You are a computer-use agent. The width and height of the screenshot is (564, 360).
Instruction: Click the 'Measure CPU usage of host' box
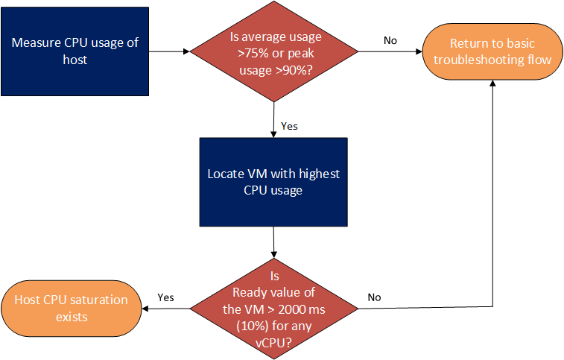point(75,51)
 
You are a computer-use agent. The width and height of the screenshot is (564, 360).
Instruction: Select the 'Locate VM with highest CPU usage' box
point(273,182)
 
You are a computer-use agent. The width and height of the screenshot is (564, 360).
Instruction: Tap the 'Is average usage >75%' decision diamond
point(274,51)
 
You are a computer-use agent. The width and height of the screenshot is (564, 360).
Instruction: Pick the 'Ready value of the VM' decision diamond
point(274,309)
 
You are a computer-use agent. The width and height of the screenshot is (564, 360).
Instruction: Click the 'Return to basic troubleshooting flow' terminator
point(492,51)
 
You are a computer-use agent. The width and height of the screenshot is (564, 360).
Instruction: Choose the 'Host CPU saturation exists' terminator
point(72,309)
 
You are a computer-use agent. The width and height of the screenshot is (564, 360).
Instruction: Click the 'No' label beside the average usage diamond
point(390,40)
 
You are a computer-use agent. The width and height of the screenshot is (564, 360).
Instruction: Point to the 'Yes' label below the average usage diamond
point(289,126)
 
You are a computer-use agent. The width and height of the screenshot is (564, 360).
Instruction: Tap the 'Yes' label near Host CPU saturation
point(165,297)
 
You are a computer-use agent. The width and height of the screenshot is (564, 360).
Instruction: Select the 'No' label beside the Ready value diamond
point(374,297)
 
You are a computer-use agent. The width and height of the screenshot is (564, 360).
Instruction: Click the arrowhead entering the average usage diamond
point(187,51)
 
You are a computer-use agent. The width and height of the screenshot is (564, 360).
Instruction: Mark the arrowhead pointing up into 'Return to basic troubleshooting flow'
point(492,83)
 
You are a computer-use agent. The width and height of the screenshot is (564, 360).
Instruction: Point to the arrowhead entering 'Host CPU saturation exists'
point(145,309)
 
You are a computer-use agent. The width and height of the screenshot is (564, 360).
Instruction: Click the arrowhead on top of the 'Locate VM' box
point(273,134)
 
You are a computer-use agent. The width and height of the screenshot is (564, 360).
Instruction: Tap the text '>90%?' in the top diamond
point(294,70)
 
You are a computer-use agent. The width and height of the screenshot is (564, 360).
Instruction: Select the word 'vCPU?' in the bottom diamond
point(273,343)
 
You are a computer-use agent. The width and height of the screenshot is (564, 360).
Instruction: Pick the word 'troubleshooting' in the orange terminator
point(478,60)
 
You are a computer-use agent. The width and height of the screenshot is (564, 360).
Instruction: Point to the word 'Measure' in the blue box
point(37,42)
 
